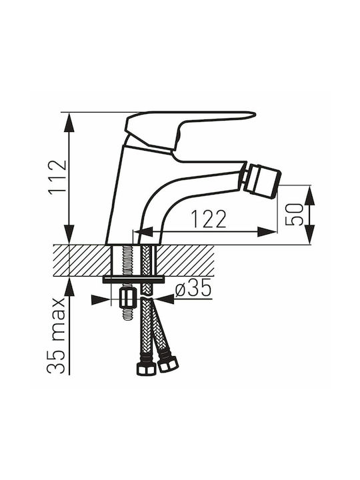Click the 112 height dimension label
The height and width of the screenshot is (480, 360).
tap(57, 177)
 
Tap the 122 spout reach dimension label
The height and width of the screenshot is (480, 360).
tap(209, 219)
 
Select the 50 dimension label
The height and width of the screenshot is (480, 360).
tap(294, 215)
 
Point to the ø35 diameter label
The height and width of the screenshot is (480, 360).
tap(193, 289)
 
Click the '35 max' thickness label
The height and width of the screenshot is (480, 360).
tap(56, 335)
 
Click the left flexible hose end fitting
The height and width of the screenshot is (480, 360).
tap(145, 369)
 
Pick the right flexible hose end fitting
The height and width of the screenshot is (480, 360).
tap(168, 364)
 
